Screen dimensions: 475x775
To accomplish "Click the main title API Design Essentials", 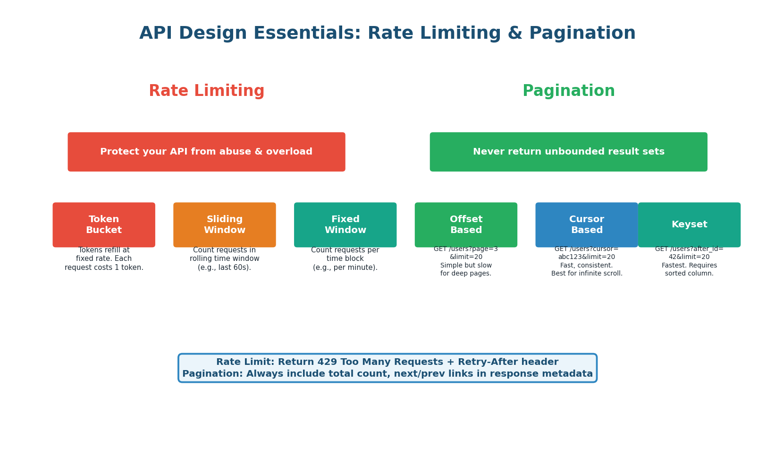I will tap(387, 34).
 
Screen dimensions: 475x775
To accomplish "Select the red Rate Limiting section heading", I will tap(206, 91).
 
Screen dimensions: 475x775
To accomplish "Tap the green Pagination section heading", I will tap(568, 91).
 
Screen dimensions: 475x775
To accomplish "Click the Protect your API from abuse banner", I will tap(206, 152).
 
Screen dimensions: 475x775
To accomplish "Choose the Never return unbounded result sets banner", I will tap(568, 152).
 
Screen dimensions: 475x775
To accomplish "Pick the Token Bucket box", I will tap(104, 225).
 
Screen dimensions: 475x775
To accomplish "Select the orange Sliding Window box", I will tap(225, 225).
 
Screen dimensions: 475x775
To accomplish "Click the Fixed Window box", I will tap(345, 225).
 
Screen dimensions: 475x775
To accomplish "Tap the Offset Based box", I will tap(466, 225).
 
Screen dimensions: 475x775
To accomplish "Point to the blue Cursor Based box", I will tap(587, 225).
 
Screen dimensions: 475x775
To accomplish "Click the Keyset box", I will tap(689, 225).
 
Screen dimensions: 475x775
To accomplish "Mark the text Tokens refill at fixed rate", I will tap(104, 259).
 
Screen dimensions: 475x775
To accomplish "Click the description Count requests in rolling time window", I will tap(225, 259).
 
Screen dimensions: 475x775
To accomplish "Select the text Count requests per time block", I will tap(345, 259).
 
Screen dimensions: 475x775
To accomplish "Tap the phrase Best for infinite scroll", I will tap(587, 274).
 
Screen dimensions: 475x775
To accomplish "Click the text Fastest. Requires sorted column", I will tap(689, 269).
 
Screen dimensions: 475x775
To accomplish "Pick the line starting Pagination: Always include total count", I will tap(387, 374).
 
